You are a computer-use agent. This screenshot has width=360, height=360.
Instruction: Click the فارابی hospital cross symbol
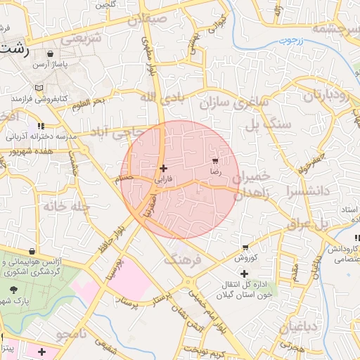tap(164, 168)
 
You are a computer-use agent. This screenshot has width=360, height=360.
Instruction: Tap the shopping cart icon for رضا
tap(214, 161)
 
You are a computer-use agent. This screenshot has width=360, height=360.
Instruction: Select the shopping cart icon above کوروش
tap(245, 247)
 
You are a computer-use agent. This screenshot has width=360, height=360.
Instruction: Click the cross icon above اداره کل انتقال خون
tap(244, 273)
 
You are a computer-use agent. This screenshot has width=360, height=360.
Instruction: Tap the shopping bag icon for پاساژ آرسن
tap(49, 53)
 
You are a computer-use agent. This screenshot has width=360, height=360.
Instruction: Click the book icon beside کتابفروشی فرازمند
tap(38, 88)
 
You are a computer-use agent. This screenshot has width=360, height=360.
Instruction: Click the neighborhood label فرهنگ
tap(181, 260)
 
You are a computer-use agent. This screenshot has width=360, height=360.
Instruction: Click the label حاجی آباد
tap(119, 132)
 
